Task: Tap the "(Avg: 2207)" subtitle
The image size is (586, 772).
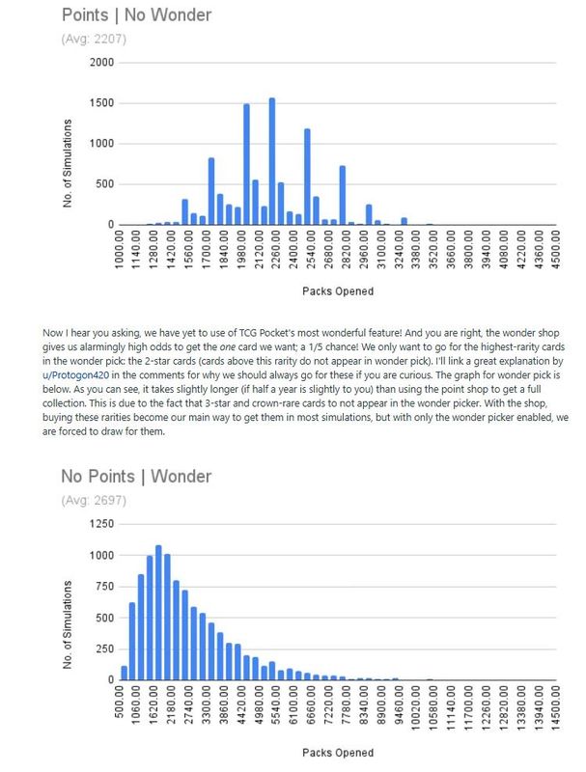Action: [x=94, y=40]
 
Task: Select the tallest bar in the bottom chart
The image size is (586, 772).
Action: [x=158, y=613]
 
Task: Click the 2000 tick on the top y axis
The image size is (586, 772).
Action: [x=100, y=63]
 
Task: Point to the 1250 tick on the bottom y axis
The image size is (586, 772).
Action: [x=100, y=523]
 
